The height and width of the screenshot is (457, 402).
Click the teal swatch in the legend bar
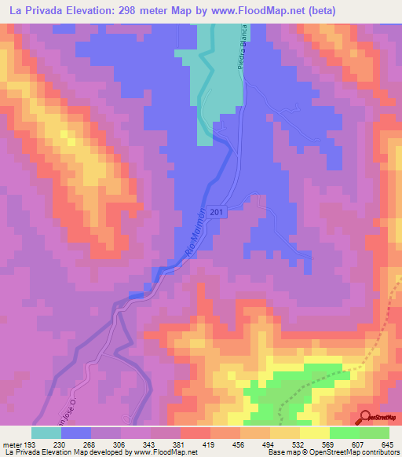(x=46, y=433)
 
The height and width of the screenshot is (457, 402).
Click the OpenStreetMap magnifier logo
(x=365, y=417)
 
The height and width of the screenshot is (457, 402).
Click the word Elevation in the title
(x=97, y=11)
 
